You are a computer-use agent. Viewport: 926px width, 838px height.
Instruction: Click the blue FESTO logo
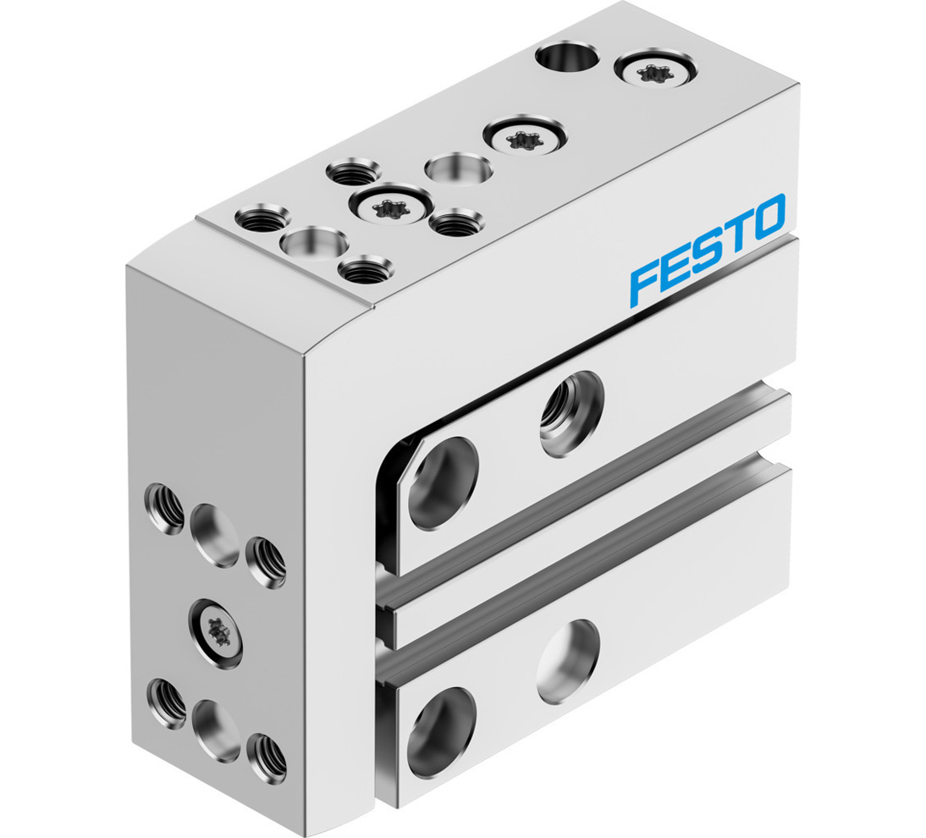707,249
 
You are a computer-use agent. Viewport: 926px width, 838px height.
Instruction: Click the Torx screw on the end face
214,626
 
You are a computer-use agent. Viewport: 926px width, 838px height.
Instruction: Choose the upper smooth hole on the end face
214,535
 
